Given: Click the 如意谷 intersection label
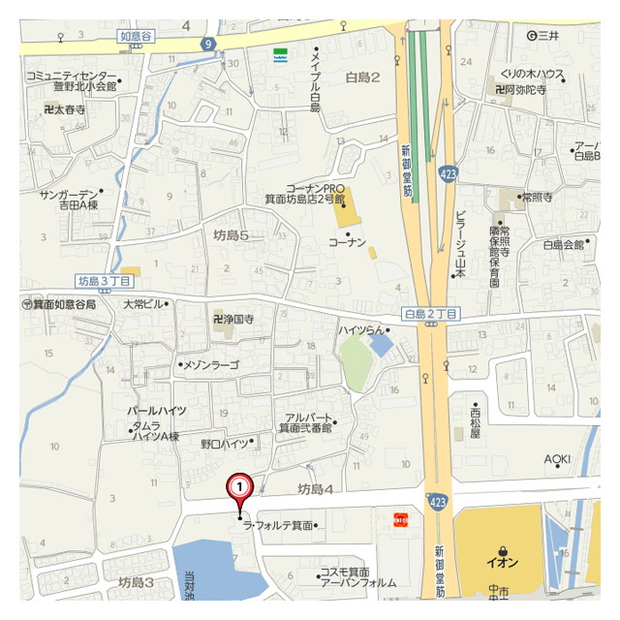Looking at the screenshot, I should [x=137, y=37].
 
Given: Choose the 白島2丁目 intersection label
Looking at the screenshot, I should [x=430, y=313].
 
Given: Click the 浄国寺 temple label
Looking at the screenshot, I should [x=232, y=318].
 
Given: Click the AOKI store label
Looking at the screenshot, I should [x=557, y=458].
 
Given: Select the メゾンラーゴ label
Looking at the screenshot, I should [x=209, y=364].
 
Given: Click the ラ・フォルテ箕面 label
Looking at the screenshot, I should [x=282, y=526].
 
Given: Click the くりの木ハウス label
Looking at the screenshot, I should [x=533, y=74].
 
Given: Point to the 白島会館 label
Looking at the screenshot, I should [x=563, y=245].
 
